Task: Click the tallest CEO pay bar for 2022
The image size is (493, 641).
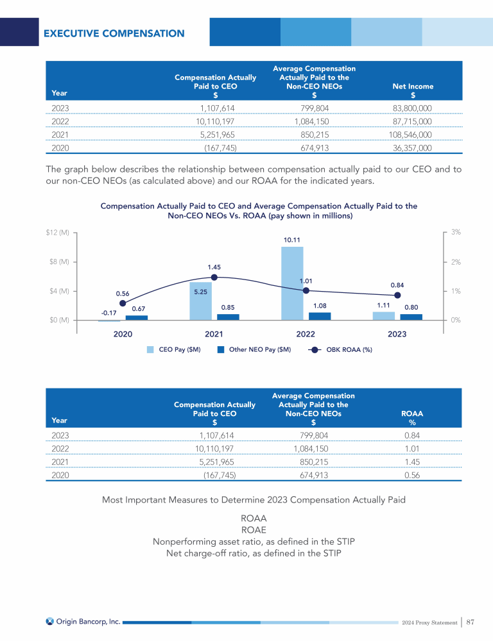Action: [x=292, y=283]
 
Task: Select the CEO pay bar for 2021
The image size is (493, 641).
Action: [x=200, y=301]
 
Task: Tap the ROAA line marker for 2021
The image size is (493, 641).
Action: [x=214, y=278]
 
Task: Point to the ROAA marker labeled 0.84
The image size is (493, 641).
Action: [x=397, y=295]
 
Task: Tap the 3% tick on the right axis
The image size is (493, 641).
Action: [x=456, y=233]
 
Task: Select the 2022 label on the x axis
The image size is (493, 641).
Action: [x=306, y=335]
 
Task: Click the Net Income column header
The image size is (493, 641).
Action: [x=412, y=90]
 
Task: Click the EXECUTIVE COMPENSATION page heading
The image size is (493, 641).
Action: [x=114, y=33]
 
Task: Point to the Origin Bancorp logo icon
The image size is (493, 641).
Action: [x=50, y=621]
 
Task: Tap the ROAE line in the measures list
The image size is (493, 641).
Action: [x=254, y=529]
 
